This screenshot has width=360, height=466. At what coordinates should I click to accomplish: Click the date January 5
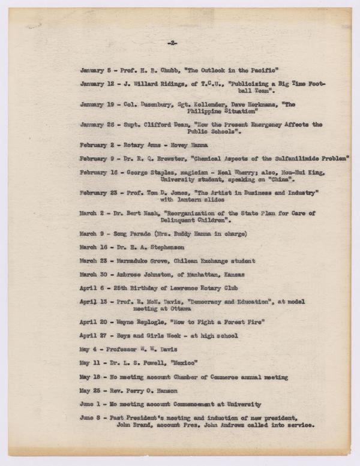[94, 70]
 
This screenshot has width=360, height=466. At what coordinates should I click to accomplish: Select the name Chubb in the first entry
[158, 70]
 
